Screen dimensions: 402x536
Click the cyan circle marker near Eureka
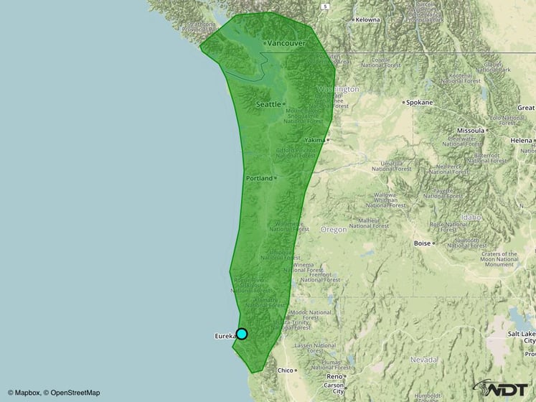(242, 333)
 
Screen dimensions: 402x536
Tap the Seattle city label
(268, 104)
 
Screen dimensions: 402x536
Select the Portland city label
(259, 177)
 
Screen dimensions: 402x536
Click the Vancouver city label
(286, 44)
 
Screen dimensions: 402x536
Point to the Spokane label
(420, 102)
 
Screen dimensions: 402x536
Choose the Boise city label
(422, 243)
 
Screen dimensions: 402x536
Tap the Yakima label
(314, 139)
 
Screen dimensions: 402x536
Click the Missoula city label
(471, 131)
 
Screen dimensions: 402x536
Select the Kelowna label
(366, 19)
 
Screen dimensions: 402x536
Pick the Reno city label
(334, 376)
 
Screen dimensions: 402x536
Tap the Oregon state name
(333, 230)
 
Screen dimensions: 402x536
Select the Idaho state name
(471, 216)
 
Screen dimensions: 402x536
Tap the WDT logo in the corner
(503, 388)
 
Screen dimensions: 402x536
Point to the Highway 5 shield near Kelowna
(325, 6)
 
